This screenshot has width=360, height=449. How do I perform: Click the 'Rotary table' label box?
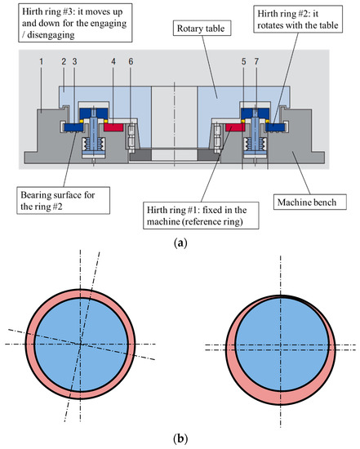coord(202,28)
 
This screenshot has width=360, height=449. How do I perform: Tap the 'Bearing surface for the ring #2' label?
coord(63,201)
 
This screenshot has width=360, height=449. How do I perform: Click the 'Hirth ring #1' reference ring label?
coord(201,216)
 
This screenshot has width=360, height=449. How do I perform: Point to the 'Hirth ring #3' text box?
coord(75,23)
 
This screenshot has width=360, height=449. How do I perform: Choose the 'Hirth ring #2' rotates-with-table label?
coord(298,20)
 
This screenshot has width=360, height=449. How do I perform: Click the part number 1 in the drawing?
coord(42,61)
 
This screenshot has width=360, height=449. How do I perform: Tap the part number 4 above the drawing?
coord(113,61)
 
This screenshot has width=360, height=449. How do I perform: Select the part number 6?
coord(131,61)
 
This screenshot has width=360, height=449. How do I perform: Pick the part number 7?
coord(256,61)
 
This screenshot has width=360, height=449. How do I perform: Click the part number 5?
coord(244,61)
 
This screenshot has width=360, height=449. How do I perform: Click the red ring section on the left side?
coord(113,127)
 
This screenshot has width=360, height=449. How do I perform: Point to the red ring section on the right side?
coord(235,127)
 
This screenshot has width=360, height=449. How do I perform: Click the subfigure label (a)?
coord(180,242)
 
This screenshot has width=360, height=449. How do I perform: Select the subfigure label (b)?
coord(180,438)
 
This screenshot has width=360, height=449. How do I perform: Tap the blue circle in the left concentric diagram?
coord(82,344)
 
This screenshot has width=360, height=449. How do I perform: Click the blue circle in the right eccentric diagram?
coord(282,344)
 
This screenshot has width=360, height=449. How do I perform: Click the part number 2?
coord(64,61)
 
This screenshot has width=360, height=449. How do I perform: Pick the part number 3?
coord(74,61)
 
